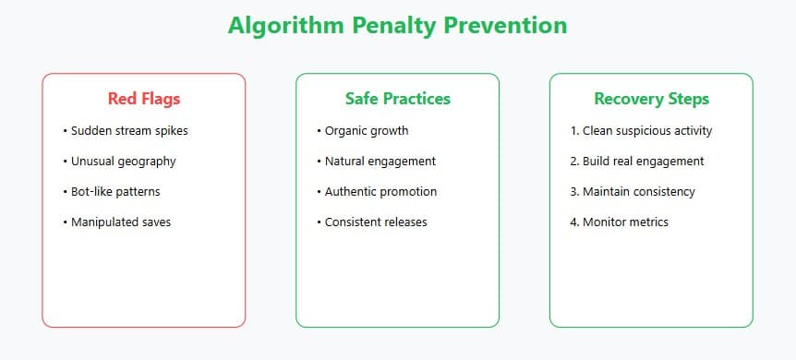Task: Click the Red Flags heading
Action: pos(143,99)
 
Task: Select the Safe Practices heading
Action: pos(397,99)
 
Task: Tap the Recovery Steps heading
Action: pos(651,99)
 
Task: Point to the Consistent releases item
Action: pos(376,222)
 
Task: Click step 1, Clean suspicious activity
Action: pos(642,130)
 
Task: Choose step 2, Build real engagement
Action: pos(637,161)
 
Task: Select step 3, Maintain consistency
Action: pos(633,191)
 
